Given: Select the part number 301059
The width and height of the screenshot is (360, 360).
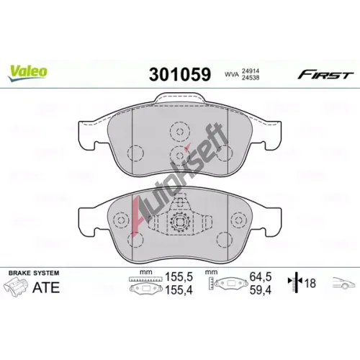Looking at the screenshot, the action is (180, 74).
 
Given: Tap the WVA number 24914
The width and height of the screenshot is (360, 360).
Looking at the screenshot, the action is (251, 71).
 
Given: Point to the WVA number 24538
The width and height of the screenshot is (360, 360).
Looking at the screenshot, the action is (251, 78).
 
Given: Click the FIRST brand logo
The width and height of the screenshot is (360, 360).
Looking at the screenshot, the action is (325, 75).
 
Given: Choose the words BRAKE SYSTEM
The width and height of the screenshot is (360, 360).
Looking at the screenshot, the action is (34, 273).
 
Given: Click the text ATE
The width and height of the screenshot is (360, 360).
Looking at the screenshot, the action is (46, 287).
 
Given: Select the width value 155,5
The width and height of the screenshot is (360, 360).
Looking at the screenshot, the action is (179, 277).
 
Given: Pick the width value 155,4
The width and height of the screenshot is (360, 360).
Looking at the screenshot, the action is (179, 290).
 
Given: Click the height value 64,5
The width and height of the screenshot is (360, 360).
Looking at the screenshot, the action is (261, 276).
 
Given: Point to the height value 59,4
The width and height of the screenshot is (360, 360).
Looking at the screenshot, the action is (261, 290).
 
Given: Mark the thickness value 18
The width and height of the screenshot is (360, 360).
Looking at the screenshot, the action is (310, 283).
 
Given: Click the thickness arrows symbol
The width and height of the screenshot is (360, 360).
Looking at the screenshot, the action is (295, 282).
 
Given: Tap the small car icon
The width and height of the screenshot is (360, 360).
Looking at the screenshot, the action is (343, 282).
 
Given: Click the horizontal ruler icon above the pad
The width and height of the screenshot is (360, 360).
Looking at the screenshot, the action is (145, 279).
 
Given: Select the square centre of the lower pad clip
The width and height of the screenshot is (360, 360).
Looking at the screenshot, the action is (180, 222).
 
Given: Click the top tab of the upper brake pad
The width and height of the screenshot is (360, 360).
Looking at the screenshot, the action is (180, 99).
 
